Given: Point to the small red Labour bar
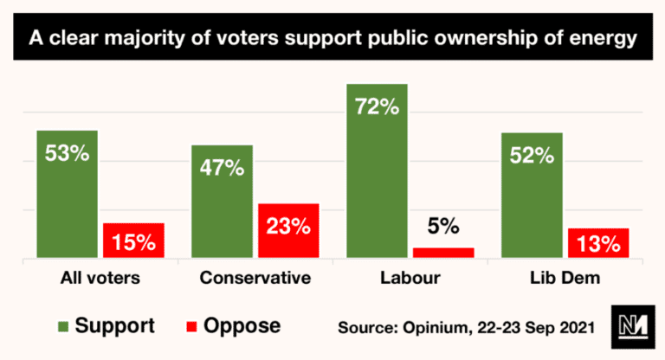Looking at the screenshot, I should [443, 253].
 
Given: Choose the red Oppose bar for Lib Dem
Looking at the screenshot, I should [597, 243].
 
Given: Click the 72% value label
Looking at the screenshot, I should [377, 108].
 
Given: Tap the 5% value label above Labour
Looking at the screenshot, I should [443, 228].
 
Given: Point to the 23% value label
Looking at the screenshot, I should [288, 227].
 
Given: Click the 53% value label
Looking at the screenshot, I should [68, 155].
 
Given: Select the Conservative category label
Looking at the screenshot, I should [255, 279].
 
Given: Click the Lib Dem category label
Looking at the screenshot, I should [564, 279].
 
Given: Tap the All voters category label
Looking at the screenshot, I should [100, 279].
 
